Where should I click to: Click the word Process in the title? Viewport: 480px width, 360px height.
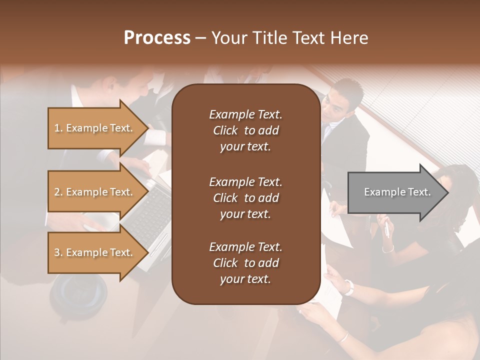(157, 38)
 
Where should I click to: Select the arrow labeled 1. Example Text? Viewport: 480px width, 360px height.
(95, 128)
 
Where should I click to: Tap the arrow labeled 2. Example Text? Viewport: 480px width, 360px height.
(95, 192)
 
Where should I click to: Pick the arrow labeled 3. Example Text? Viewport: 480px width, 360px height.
(95, 252)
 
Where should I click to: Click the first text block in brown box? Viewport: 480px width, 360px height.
(245, 130)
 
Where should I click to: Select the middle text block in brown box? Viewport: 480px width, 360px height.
(245, 198)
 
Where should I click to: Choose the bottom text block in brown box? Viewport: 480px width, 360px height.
(245, 263)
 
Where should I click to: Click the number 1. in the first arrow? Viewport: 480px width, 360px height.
(58, 128)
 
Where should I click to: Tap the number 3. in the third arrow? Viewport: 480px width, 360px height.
(58, 252)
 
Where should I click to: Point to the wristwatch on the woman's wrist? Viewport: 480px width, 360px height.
(349, 287)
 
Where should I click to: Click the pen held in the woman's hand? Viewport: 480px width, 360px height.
(386, 229)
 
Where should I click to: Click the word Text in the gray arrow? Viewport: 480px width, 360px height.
(419, 192)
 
